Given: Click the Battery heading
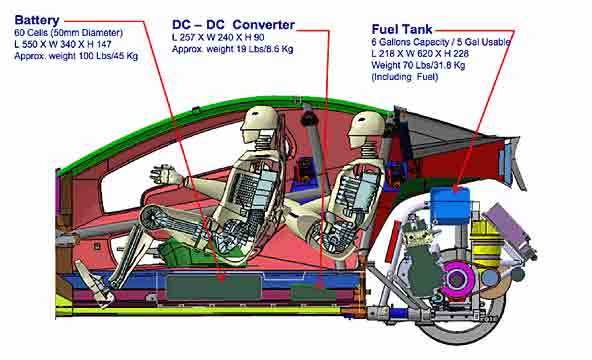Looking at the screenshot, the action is [37, 20].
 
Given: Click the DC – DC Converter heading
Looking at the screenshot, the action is [233, 25].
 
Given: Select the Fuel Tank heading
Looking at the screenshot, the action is [402, 29].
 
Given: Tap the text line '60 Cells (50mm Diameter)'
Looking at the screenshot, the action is [68, 33].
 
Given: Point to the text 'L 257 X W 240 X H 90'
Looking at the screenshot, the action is [218, 37].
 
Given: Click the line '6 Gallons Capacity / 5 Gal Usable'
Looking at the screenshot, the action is [441, 42].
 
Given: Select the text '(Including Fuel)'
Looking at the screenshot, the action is [405, 77].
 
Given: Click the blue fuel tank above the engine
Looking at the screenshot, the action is [450, 206].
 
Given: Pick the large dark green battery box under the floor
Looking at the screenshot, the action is [214, 287].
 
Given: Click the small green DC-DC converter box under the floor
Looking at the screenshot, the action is [313, 293].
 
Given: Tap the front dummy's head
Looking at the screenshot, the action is [260, 122].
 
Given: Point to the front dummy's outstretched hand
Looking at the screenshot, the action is [165, 175].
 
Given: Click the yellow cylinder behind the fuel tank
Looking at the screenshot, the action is [486, 241].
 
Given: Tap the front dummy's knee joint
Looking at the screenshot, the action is [155, 218].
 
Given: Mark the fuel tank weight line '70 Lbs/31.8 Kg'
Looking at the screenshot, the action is [418, 65].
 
